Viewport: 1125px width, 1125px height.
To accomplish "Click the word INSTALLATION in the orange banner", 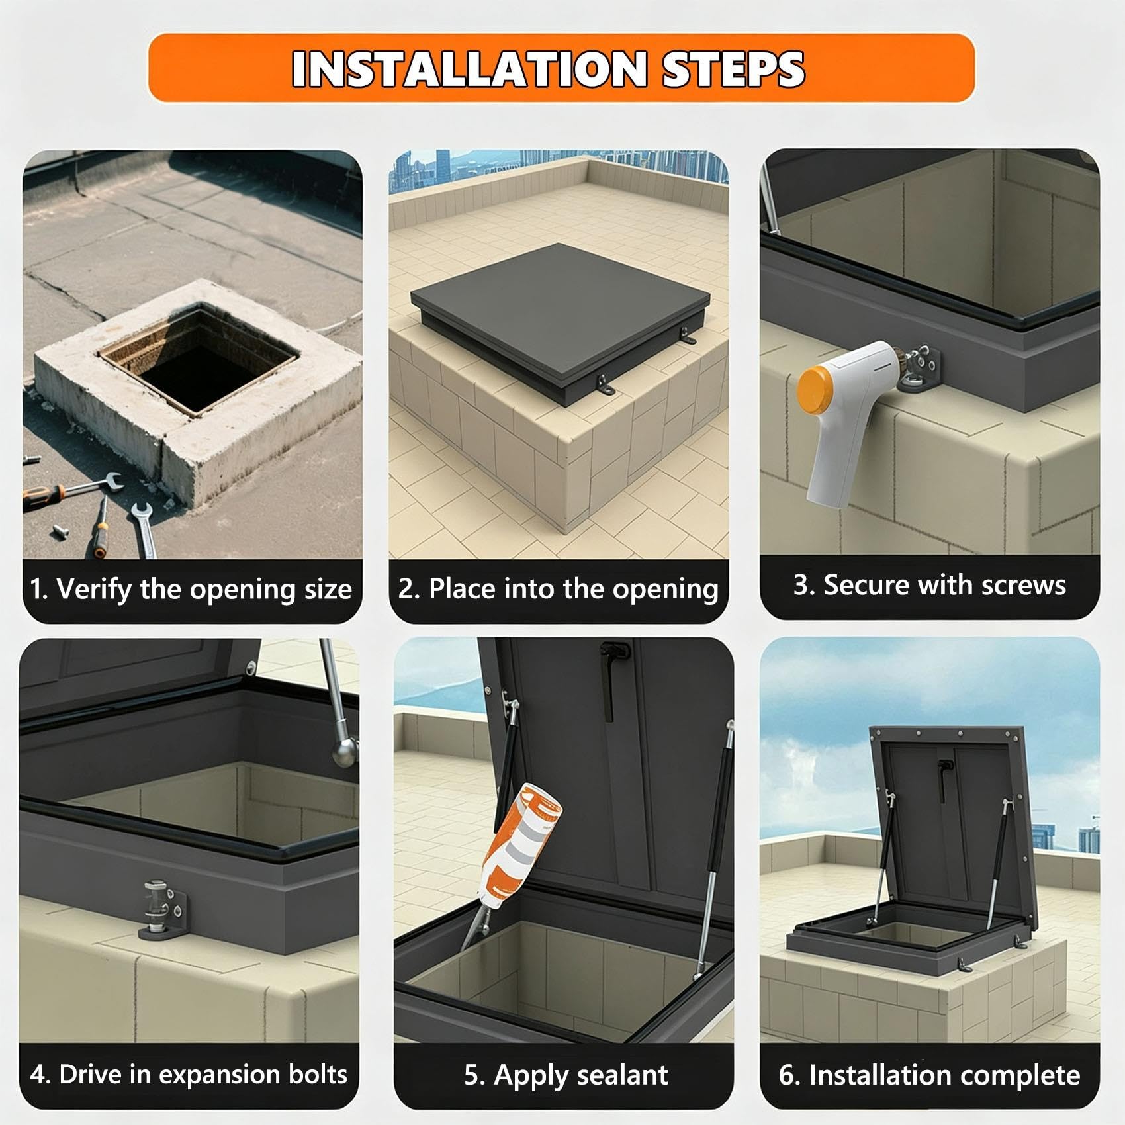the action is coord(469,69).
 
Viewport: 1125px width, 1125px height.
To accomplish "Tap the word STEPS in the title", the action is coord(733,69).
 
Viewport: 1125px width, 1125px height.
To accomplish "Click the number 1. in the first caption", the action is coord(40,588).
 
